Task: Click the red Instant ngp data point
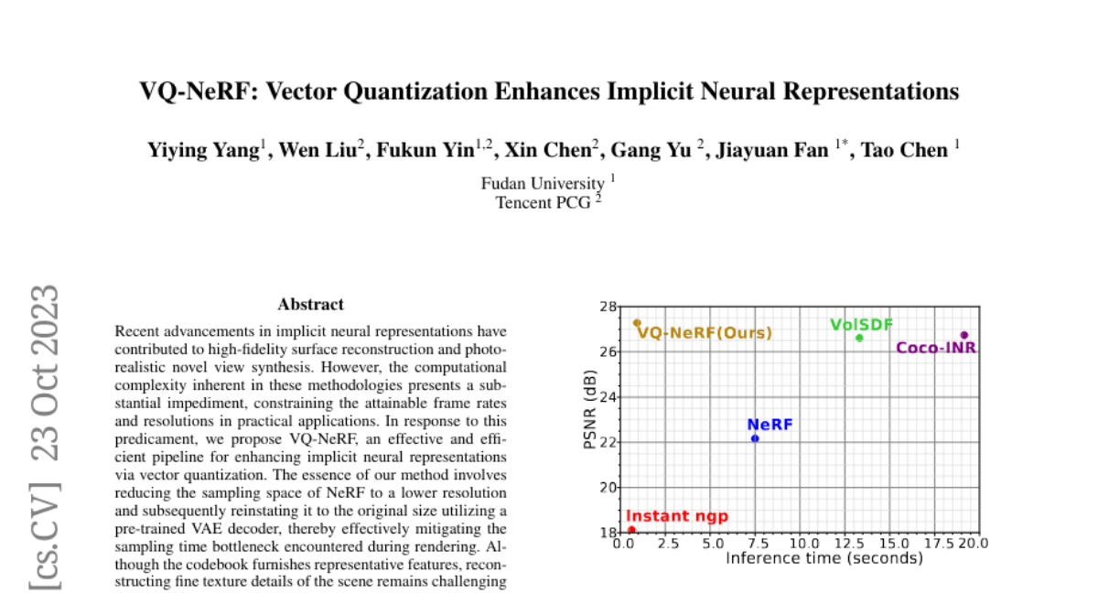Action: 631,530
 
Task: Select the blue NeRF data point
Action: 755,438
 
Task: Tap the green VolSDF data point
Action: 859,338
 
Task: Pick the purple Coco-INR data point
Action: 963,335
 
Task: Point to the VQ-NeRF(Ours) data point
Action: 637,323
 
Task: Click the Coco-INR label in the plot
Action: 936,348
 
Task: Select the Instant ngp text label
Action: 677,516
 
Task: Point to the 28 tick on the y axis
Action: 607,307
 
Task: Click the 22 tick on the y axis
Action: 607,442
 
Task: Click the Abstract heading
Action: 311,305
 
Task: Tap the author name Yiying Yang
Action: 204,151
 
